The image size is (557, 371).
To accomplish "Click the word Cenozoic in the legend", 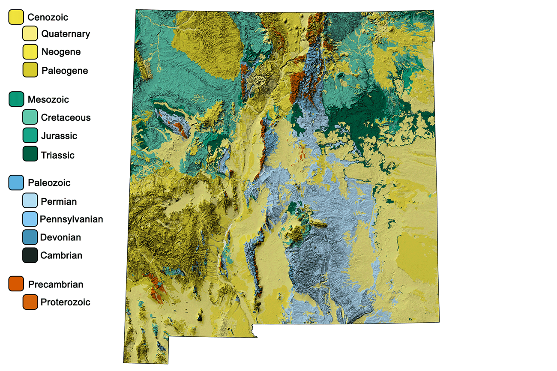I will coord(48,18).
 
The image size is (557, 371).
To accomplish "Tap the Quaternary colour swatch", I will coord(30,34).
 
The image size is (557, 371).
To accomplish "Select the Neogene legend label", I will coord(61,52).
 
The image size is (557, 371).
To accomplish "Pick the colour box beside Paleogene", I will coord(30,70).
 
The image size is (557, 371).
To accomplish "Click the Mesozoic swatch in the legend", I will coord(16,99).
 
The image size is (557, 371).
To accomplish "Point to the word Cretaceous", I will coord(66,118).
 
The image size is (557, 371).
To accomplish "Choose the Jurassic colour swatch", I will coord(30,136).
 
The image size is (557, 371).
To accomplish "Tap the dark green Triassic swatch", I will coord(30,155).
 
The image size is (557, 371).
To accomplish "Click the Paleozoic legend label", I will coord(49,183).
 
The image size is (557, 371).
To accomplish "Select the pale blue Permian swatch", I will coord(30,201).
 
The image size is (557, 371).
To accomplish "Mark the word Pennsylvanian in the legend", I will coord(72,219).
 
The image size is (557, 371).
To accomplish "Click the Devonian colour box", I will coord(30,237).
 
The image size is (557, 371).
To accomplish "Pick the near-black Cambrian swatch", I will coord(30,255).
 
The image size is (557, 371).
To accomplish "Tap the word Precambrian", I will coord(55,284).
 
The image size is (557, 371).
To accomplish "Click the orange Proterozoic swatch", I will coord(30,302).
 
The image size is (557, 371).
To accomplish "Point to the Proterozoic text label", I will coord(66,302).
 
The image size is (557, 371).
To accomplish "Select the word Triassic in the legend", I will coord(58,155).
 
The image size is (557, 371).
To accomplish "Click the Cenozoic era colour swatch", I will coord(16,17).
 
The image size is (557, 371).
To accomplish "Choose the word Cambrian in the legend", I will coord(61,256).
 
